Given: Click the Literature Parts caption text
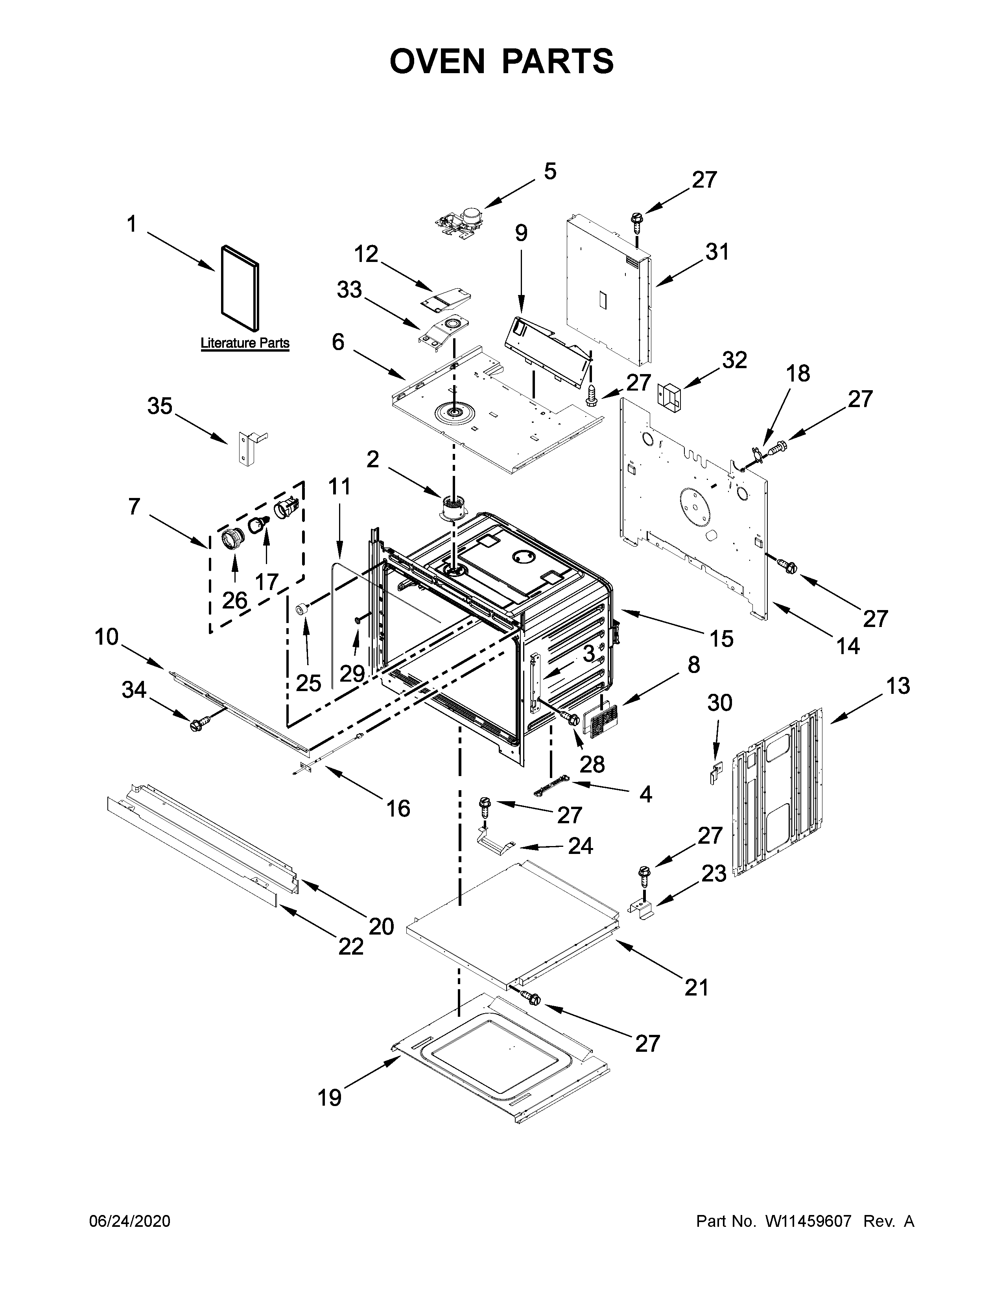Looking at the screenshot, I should [245, 343].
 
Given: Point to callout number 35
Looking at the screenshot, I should [159, 407].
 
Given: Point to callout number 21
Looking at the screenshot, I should [696, 987].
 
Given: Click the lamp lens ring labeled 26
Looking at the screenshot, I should [233, 539].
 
